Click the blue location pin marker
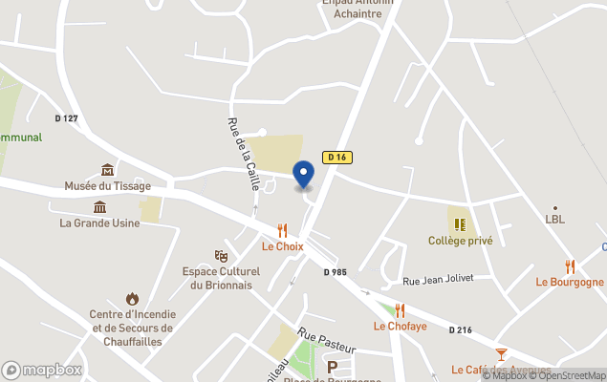(303, 175)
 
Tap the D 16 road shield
(335, 157)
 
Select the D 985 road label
(335, 272)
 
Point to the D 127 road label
(66, 118)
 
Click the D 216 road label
(461, 329)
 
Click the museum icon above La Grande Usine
(99, 207)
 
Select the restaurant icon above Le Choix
(282, 230)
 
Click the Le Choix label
(282, 246)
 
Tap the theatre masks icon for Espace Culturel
(221, 256)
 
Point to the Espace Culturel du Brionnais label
(221, 278)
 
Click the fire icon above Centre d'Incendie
(132, 299)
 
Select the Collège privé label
(460, 241)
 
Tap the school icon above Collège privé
(460, 224)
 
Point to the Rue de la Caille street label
(243, 154)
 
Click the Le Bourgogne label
(570, 282)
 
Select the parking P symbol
(333, 367)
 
